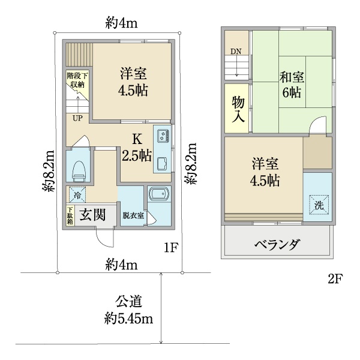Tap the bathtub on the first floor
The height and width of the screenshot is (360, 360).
159,194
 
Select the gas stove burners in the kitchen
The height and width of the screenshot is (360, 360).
163,136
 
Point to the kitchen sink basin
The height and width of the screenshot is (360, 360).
163,164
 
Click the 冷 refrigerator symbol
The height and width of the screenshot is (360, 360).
77,194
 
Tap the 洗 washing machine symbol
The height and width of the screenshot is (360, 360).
319,205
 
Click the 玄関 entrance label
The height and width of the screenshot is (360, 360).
92,215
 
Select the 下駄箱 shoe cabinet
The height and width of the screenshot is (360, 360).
70,215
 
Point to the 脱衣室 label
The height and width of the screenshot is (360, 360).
133,215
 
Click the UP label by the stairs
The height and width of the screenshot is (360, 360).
77,118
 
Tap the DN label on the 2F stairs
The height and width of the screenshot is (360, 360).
236,52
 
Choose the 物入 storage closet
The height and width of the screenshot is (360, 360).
237,109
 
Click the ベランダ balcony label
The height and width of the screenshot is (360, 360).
277,244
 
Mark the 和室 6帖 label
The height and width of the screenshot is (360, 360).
292,85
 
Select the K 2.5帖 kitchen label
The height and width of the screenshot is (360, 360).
137,148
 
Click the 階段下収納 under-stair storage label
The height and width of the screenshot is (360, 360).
77,80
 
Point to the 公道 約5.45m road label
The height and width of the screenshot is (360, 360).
128,310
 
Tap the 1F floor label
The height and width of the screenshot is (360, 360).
171,247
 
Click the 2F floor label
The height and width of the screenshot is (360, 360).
335,279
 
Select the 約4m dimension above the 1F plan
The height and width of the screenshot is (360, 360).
121,23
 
